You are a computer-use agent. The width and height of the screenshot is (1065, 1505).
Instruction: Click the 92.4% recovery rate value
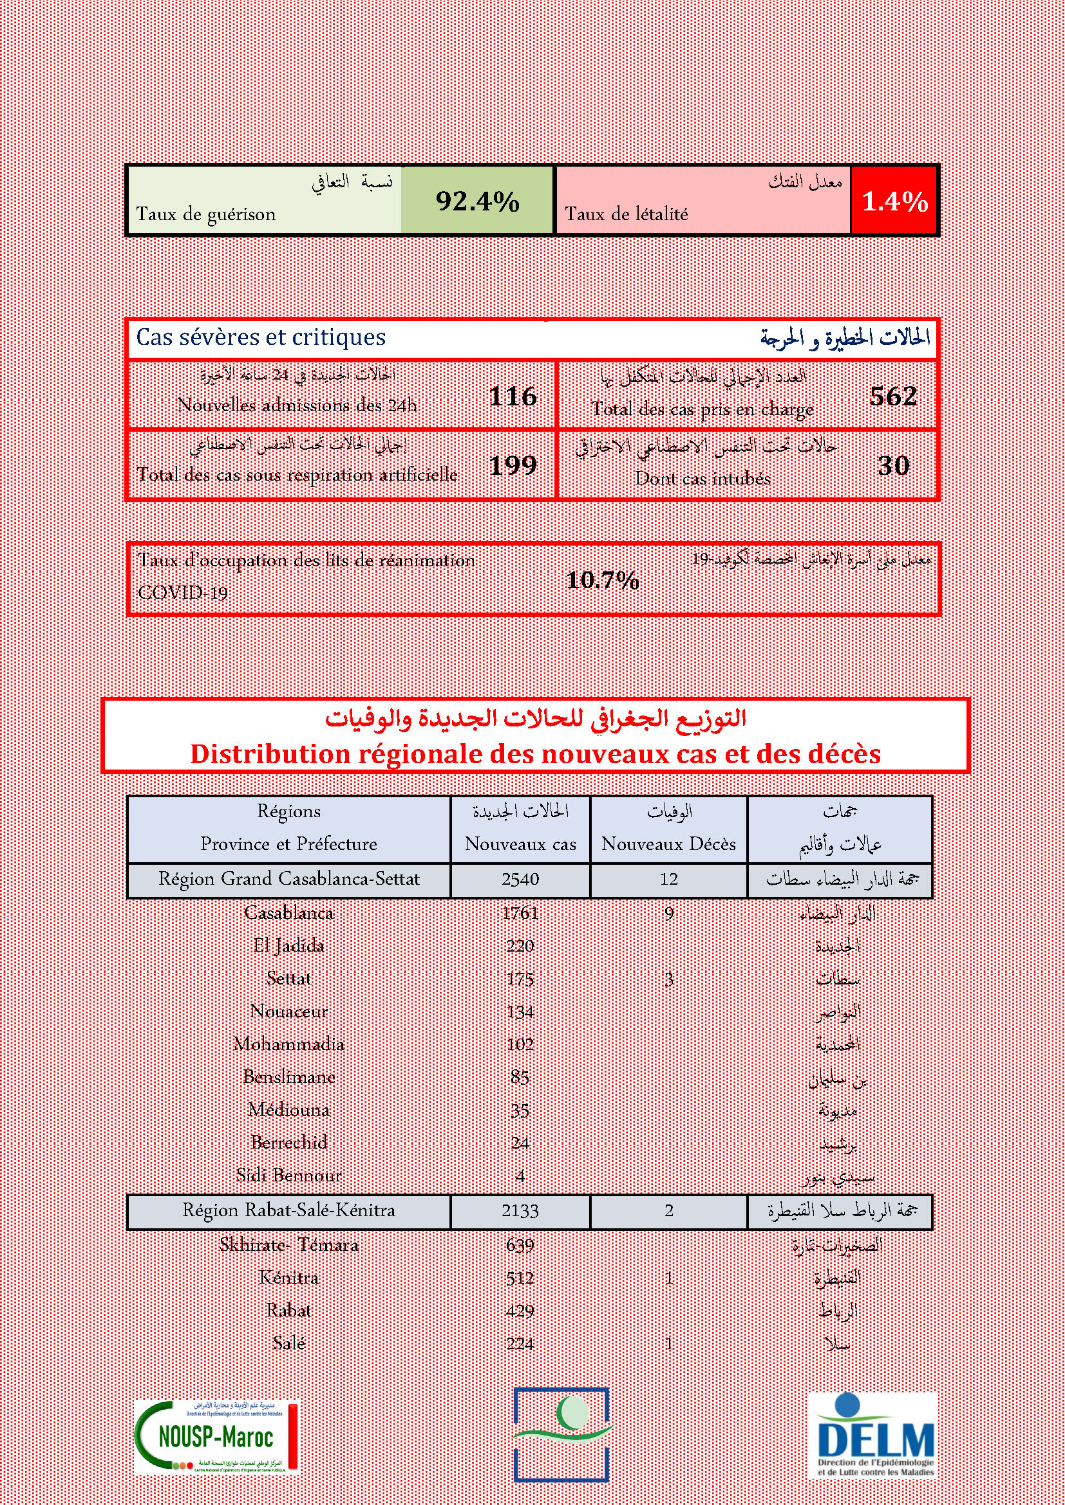coord(477,201)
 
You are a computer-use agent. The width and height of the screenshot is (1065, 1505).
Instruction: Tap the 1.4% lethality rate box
coord(894,201)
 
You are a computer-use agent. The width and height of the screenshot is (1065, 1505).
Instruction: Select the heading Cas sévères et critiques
coord(261,338)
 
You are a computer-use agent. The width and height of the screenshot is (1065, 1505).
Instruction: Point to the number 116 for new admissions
coord(513,396)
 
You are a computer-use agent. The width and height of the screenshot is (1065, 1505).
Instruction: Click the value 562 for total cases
coord(892,396)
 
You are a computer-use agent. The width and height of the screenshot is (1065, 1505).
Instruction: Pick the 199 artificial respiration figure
coord(513,465)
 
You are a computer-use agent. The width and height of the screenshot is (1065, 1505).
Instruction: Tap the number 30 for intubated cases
coord(892,465)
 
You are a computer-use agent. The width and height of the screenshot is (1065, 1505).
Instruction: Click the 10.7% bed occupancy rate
coord(602,580)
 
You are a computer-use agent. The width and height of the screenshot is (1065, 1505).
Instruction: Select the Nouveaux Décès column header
coord(668,844)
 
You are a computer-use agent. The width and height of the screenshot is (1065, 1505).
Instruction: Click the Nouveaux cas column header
coord(520,844)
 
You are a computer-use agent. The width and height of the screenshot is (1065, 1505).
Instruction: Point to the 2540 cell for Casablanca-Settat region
coord(520,880)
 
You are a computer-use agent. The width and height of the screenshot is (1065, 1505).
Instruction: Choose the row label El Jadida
coord(288,946)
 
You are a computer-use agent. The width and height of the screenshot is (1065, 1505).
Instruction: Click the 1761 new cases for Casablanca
coord(520,913)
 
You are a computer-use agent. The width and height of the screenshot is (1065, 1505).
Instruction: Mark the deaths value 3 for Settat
coord(668,979)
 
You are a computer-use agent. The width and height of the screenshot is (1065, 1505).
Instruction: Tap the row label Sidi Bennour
coord(288,1176)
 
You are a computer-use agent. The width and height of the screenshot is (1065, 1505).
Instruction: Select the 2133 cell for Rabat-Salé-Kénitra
coord(520,1211)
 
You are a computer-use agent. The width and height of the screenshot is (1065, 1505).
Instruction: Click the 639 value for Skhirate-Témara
coord(520,1245)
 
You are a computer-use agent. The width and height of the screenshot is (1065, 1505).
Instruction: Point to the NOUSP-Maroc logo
coord(216,1438)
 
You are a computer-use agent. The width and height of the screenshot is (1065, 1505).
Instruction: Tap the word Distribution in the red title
coord(270,754)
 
